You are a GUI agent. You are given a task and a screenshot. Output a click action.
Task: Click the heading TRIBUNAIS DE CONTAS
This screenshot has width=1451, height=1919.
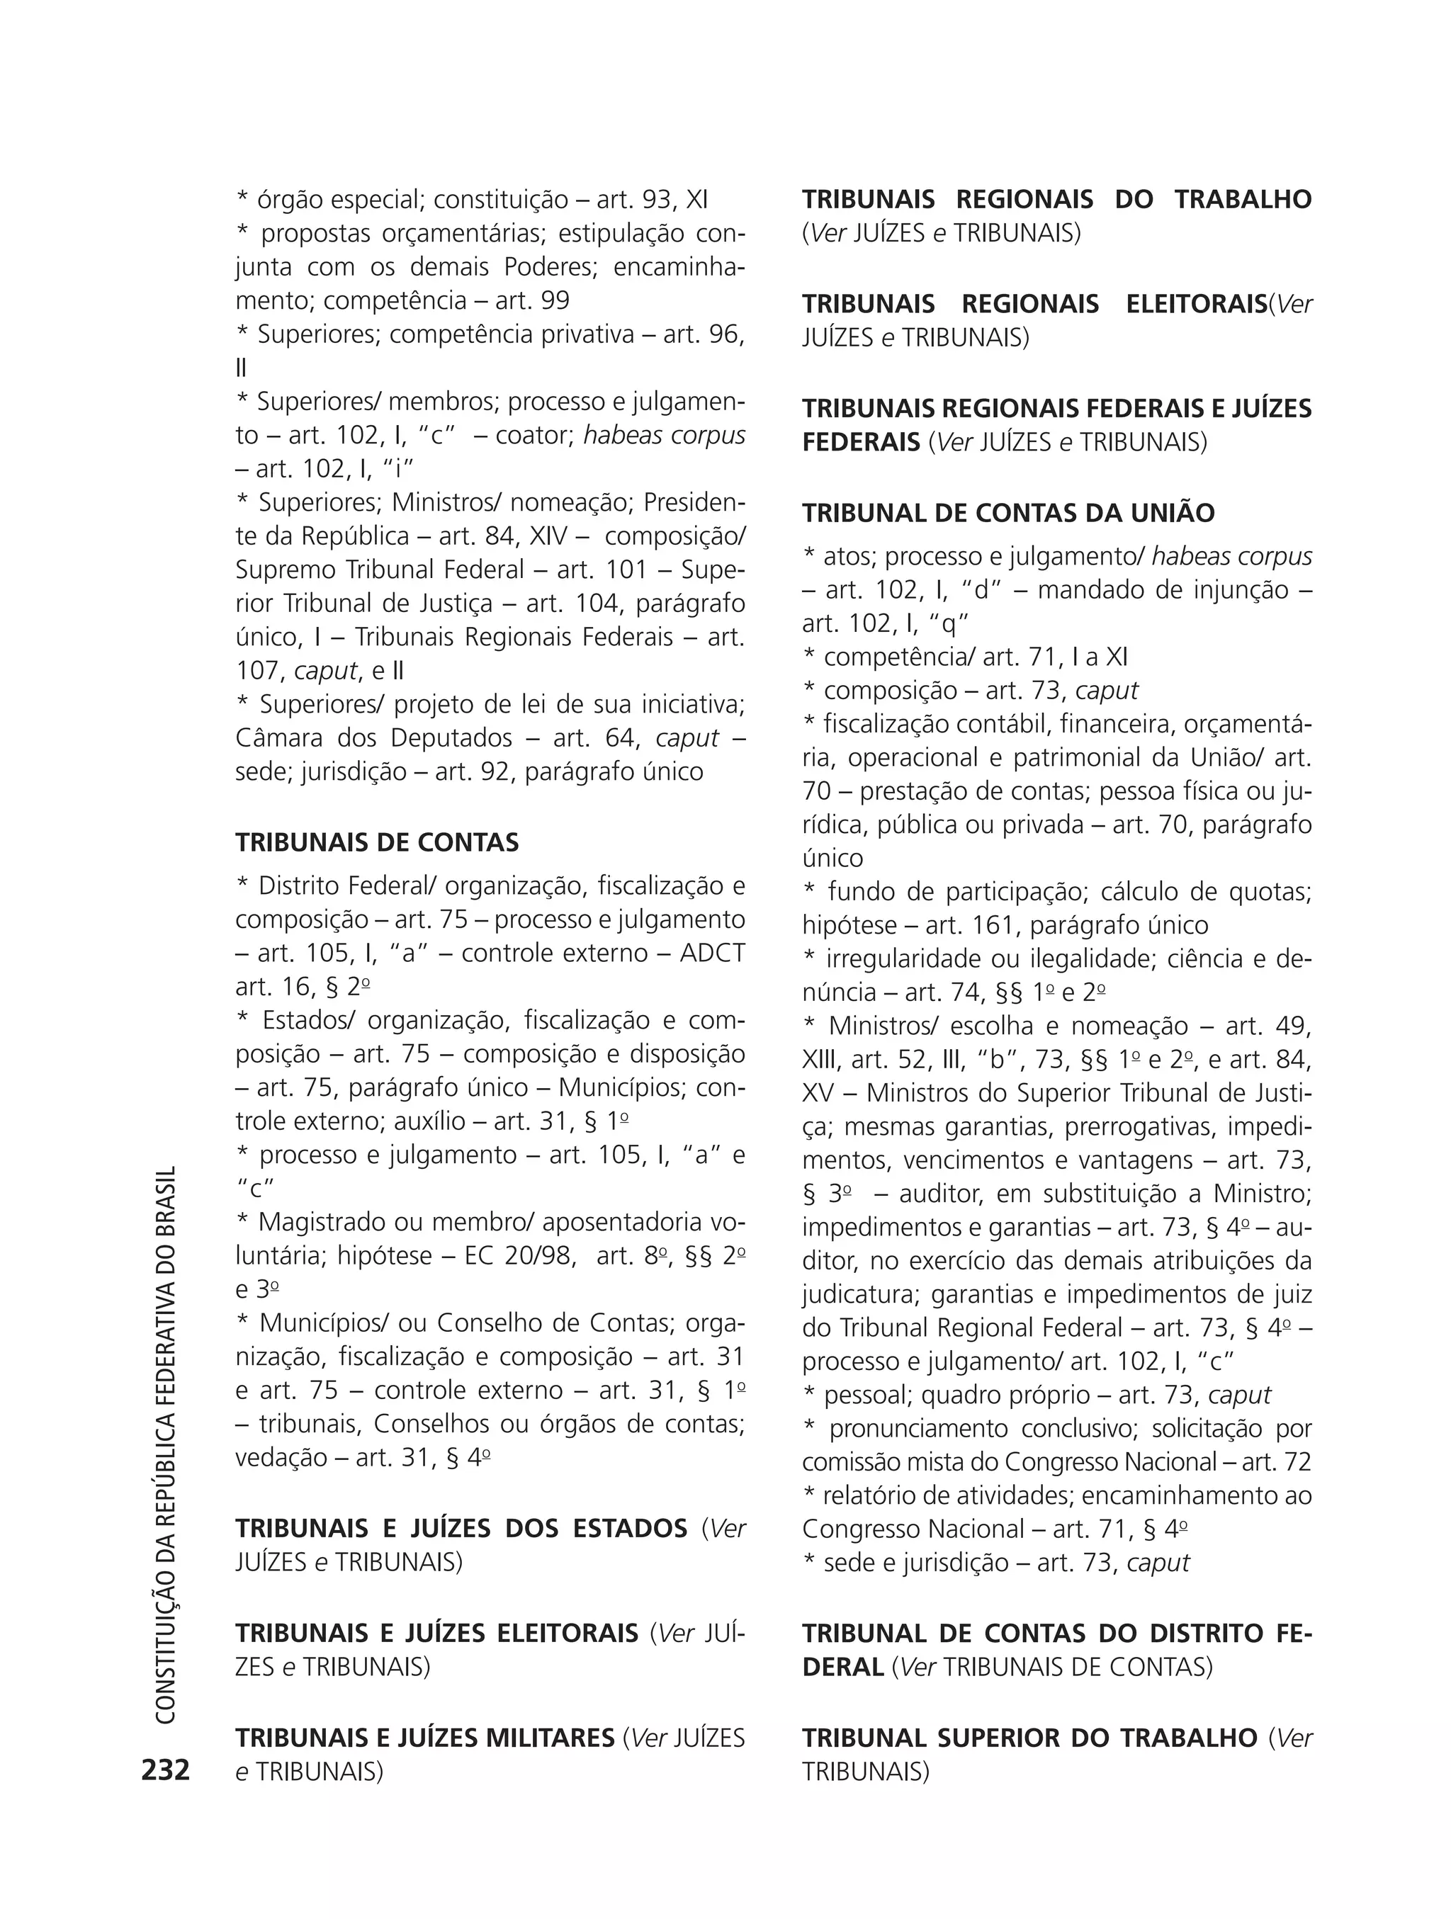point(377,842)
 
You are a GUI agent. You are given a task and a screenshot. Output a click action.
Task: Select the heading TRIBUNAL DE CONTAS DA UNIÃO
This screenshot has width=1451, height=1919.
point(1007,513)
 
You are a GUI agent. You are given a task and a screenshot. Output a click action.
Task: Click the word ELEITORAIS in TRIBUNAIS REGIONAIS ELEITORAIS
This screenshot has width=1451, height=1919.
point(1196,304)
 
